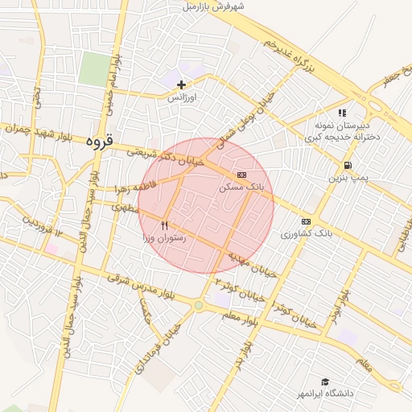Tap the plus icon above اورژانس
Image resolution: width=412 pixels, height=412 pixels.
(x=182, y=84)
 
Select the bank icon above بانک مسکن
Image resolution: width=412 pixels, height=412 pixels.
(x=241, y=175)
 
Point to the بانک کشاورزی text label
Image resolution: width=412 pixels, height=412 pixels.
(x=307, y=233)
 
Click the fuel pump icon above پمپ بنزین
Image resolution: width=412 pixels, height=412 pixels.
(x=346, y=165)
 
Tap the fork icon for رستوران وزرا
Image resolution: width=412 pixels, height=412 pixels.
(x=165, y=226)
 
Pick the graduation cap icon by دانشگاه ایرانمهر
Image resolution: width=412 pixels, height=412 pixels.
(x=325, y=381)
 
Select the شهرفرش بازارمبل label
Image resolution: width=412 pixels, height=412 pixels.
(x=212, y=6)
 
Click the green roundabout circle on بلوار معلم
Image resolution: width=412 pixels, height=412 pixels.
(x=198, y=305)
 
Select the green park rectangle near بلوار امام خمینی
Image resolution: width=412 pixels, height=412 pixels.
(x=95, y=68)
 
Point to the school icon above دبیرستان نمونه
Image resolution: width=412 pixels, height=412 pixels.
(x=342, y=113)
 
